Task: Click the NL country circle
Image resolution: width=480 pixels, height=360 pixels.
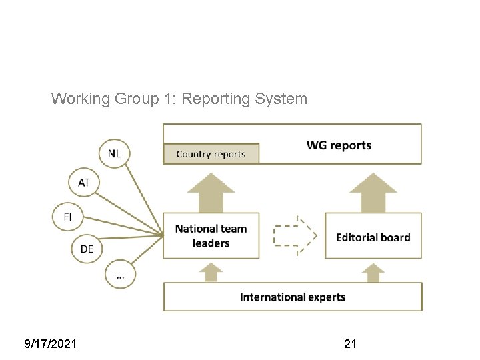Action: tap(115, 154)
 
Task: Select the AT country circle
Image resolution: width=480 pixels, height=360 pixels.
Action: tap(84, 182)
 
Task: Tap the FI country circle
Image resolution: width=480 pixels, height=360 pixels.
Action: tap(67, 217)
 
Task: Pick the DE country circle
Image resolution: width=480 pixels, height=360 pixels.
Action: tap(87, 249)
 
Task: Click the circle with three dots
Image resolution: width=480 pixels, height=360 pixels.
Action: tap(120, 274)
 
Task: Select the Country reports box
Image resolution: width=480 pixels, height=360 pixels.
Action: tap(211, 154)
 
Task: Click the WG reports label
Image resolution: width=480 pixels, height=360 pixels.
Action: tap(339, 145)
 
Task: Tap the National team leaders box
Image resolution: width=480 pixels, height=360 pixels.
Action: tap(211, 236)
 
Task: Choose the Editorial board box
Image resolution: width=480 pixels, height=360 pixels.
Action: tap(373, 237)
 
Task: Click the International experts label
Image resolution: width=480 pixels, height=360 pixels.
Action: tap(293, 297)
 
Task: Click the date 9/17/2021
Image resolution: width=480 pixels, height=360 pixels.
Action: tap(50, 344)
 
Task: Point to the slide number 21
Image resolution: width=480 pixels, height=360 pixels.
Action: tap(350, 344)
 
